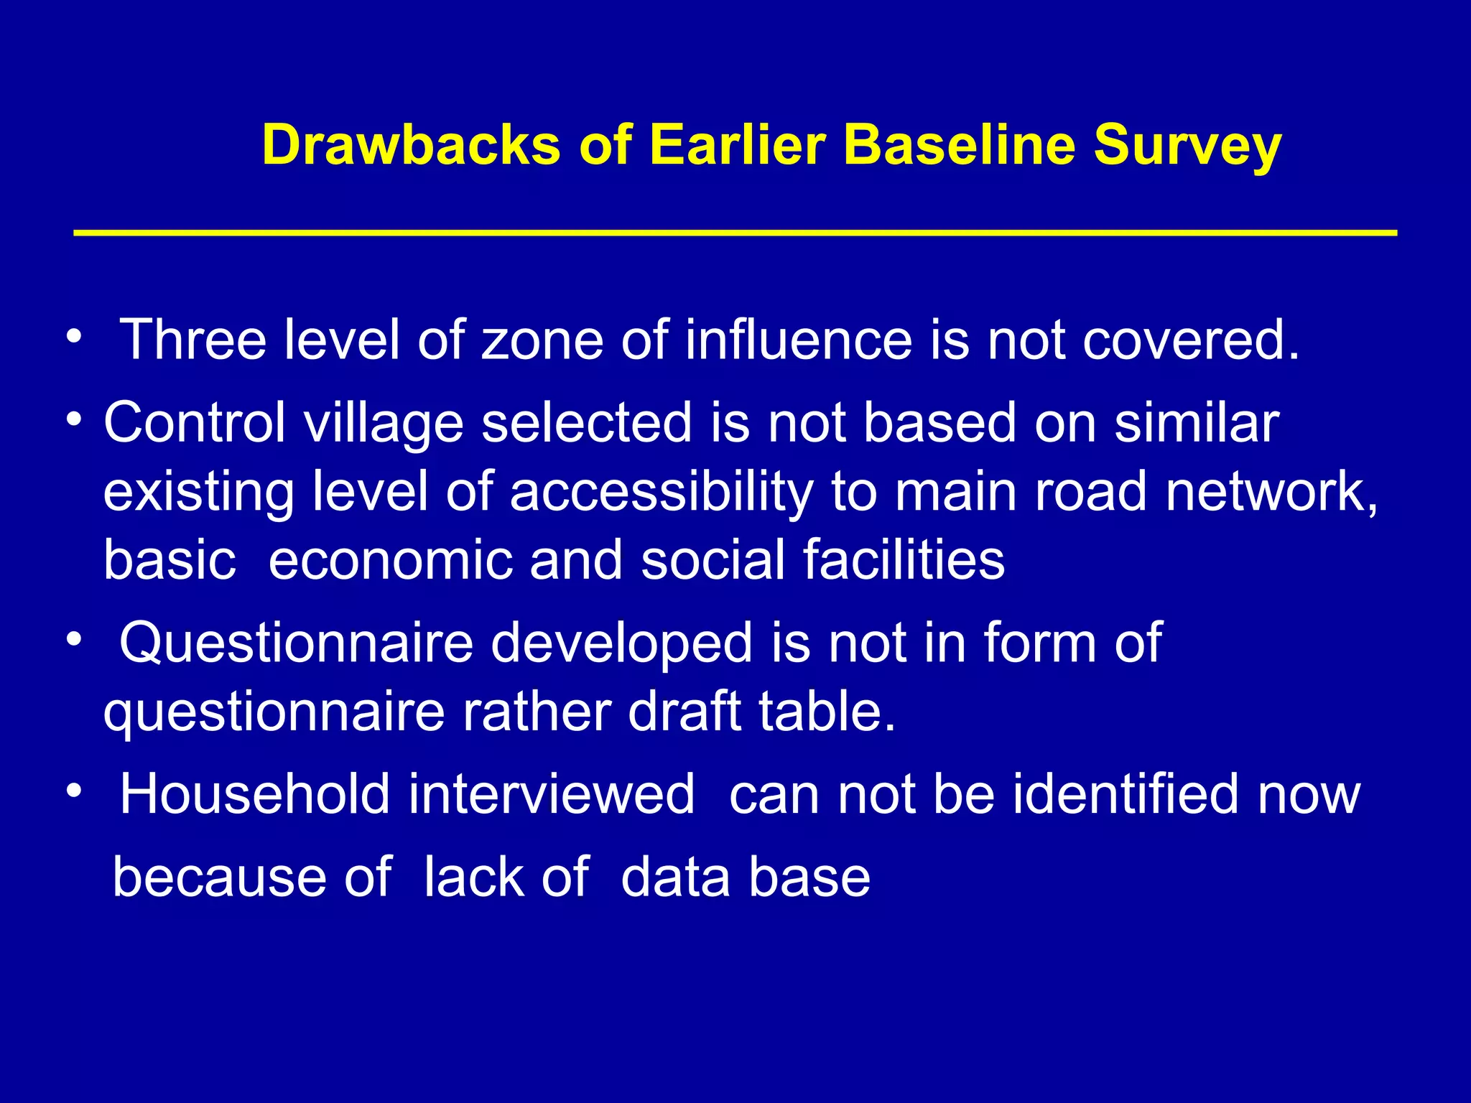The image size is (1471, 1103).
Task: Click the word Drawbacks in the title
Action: click(411, 146)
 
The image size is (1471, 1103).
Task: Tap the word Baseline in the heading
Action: click(960, 146)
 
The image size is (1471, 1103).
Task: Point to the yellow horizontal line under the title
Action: click(735, 233)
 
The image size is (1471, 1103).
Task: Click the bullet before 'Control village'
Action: click(74, 418)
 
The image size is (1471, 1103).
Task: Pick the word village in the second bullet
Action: click(384, 424)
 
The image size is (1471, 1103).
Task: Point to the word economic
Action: click(391, 561)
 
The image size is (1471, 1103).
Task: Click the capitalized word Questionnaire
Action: click(296, 643)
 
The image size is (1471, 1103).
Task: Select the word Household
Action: click(254, 794)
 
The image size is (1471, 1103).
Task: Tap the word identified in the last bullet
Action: click(1126, 794)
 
